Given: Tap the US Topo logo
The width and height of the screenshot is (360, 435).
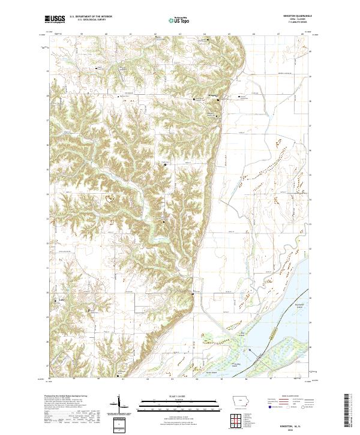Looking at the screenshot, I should (175, 20).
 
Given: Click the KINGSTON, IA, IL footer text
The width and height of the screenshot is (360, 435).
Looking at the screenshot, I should (299, 424).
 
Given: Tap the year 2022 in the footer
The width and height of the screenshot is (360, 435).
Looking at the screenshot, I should (299, 429).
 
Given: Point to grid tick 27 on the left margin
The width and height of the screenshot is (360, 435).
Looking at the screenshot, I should (48, 364).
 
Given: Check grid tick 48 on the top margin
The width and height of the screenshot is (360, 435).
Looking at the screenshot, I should (302, 34).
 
